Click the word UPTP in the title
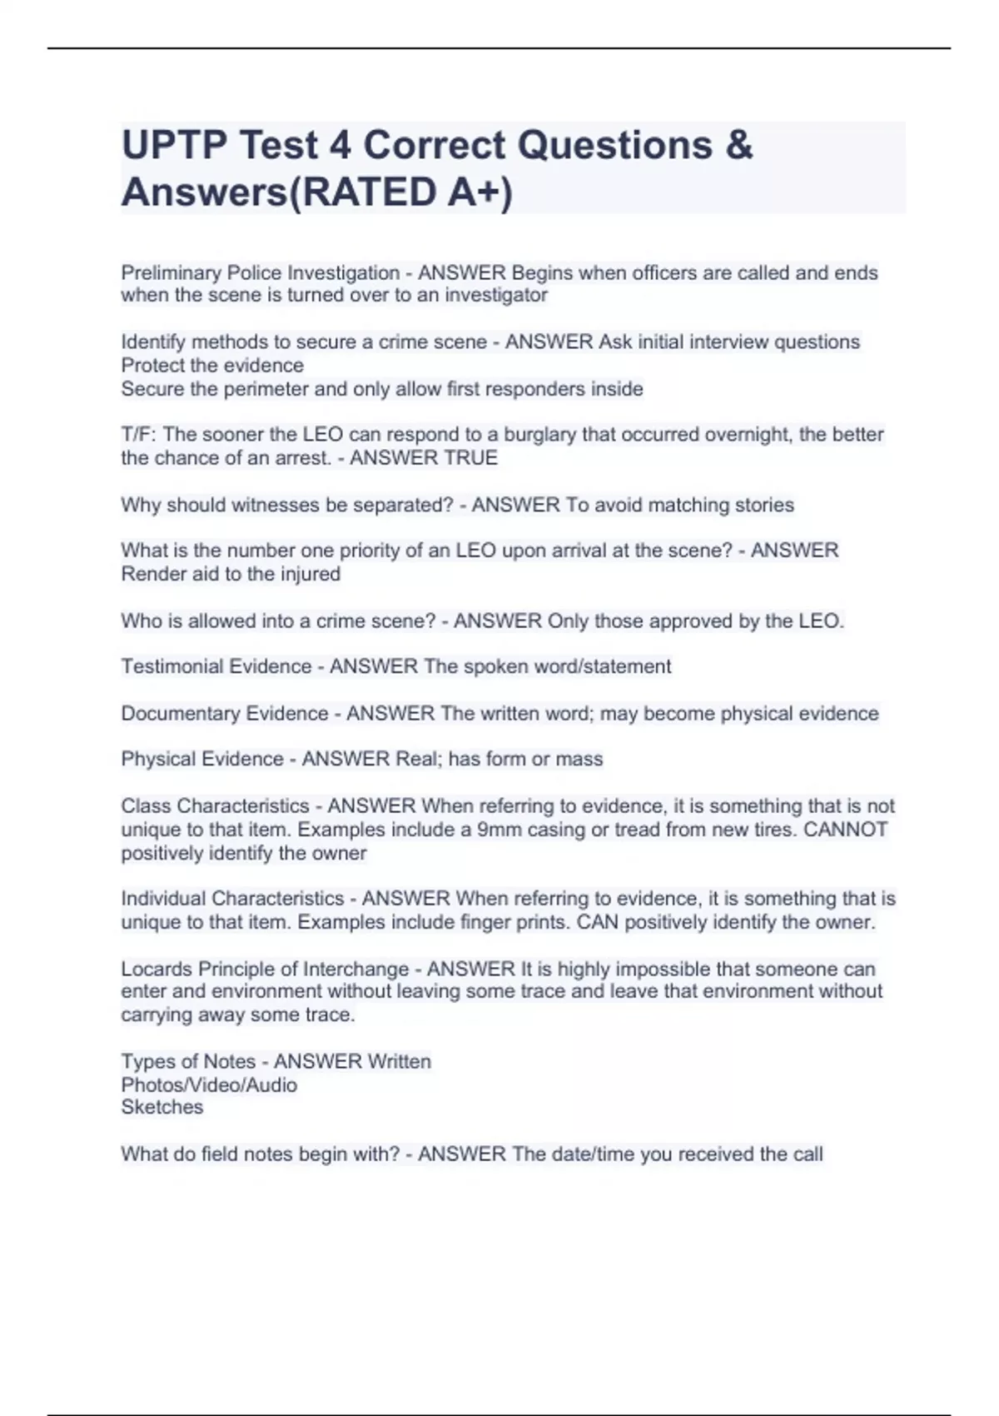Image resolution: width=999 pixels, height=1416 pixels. [x=172, y=145]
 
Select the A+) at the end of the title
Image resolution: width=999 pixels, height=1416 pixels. [x=480, y=192]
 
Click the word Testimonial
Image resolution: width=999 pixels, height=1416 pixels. [x=174, y=666]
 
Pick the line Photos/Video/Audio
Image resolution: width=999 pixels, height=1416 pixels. [x=209, y=1085]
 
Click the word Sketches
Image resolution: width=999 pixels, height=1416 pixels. [x=162, y=1108]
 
